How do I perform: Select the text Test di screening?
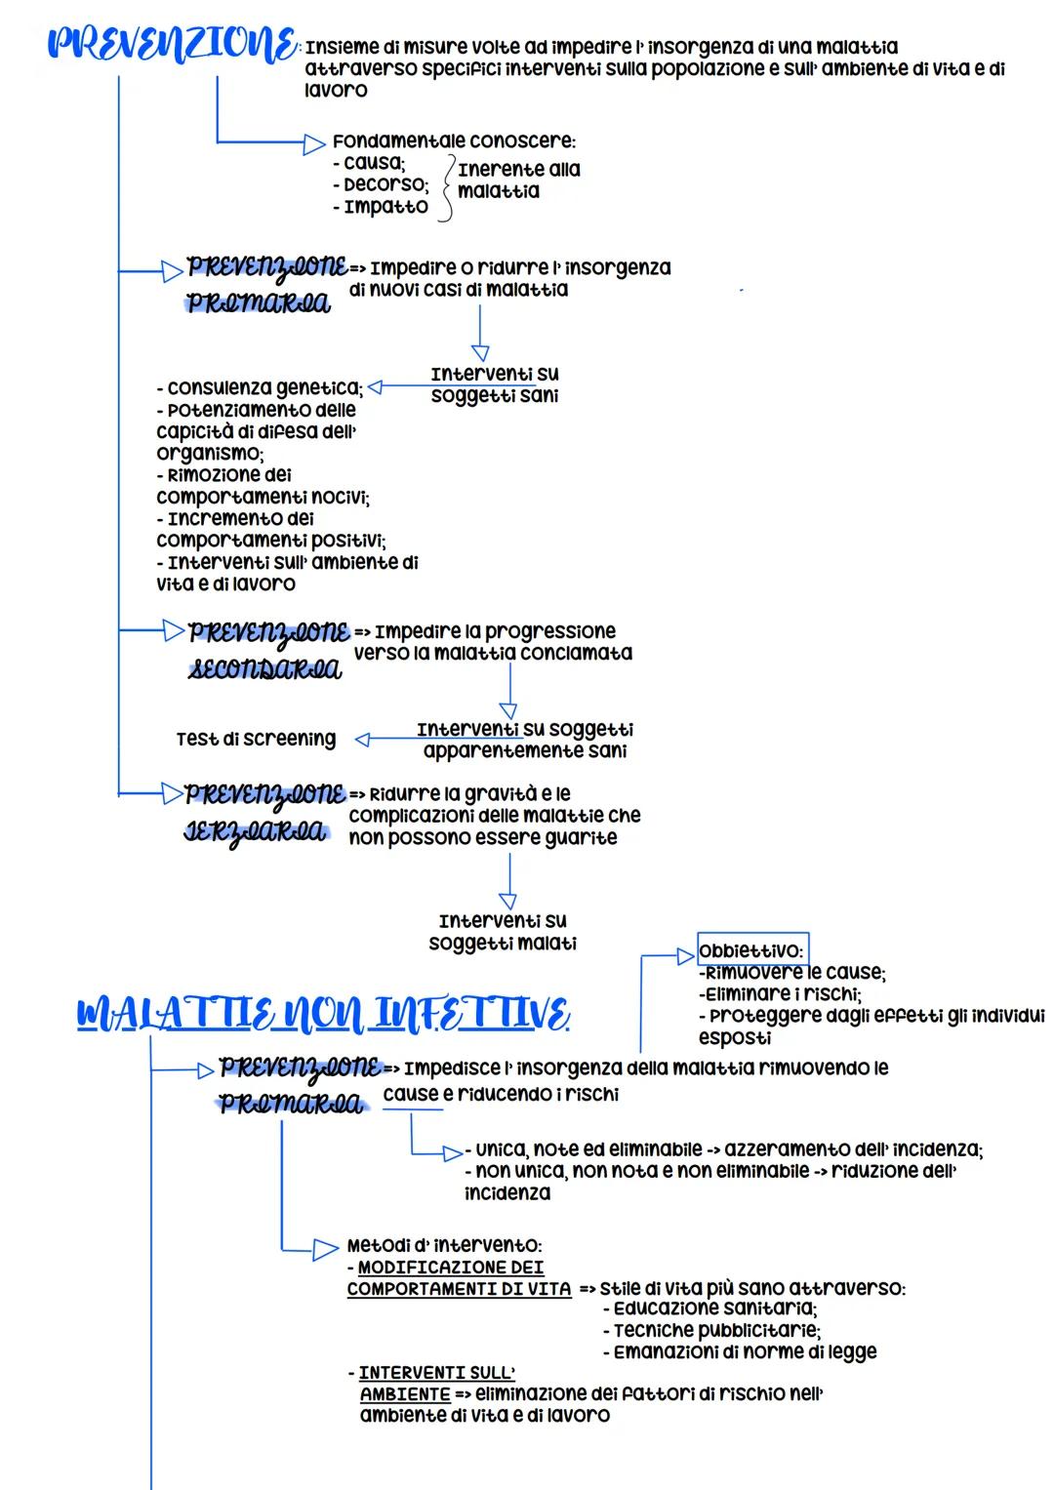coord(256,739)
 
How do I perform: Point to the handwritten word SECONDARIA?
coord(264,669)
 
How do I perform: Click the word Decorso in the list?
coord(385,184)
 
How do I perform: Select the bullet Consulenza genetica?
coord(260,387)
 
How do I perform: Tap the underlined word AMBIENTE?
coord(405,1393)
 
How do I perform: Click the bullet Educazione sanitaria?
coord(713,1309)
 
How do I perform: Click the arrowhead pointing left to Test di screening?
coord(363,740)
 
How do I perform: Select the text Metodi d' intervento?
coord(444,1245)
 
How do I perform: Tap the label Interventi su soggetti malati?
coord(503,932)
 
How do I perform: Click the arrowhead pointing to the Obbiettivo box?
coord(686,956)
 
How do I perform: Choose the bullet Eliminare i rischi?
coord(780,994)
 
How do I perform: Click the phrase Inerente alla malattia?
coord(518,180)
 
